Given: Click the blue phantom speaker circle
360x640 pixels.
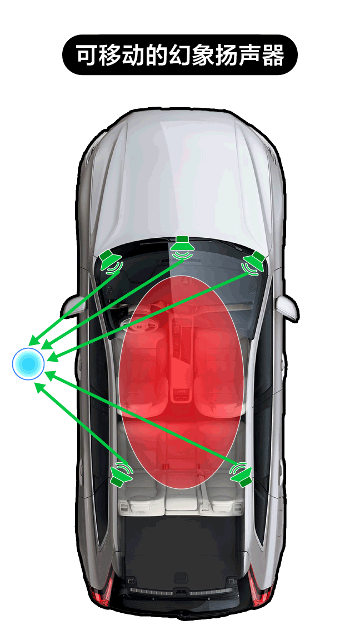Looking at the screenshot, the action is pos(28,364).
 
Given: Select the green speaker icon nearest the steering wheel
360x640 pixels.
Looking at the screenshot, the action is pos(111,262).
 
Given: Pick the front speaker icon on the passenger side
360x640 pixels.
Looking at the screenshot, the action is pos(254,263).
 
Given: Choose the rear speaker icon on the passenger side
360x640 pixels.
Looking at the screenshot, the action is pos(241,474).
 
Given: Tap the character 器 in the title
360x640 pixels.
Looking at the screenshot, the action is pos(273,56).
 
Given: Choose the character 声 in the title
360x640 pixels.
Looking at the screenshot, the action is pos(250,56).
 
